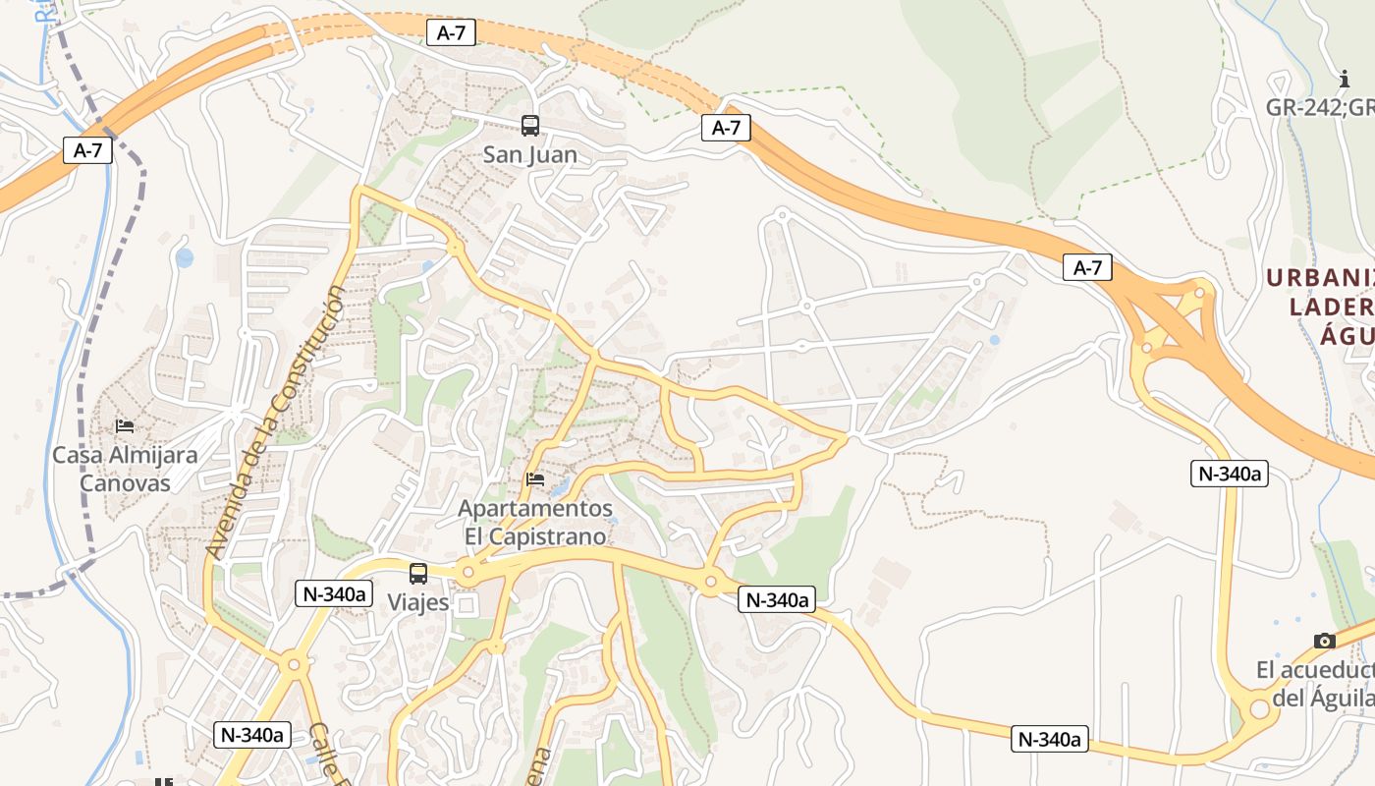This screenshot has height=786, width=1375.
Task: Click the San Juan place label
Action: [530, 155]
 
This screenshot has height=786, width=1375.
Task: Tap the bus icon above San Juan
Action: [530, 126]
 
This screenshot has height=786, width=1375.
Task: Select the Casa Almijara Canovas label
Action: [125, 469]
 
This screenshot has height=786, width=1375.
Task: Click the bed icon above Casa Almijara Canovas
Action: [125, 426]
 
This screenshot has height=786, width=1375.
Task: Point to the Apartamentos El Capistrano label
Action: [535, 523]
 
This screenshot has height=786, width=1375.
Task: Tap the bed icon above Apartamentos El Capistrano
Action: [535, 479]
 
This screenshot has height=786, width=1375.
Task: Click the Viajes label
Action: [418, 601]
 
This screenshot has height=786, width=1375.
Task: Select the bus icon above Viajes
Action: [418, 574]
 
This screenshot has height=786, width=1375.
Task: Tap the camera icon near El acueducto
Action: [1324, 642]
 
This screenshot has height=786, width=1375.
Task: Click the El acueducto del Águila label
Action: [1316, 684]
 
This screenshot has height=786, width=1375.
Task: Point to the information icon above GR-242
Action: [1345, 80]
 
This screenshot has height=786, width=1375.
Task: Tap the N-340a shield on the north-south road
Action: [1230, 474]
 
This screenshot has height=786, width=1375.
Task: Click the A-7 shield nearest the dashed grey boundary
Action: [88, 150]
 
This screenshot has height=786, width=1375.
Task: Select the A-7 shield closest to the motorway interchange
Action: [1087, 267]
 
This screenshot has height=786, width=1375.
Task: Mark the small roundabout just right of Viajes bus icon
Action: [468, 572]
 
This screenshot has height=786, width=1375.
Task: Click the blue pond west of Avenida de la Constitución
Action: [185, 257]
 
